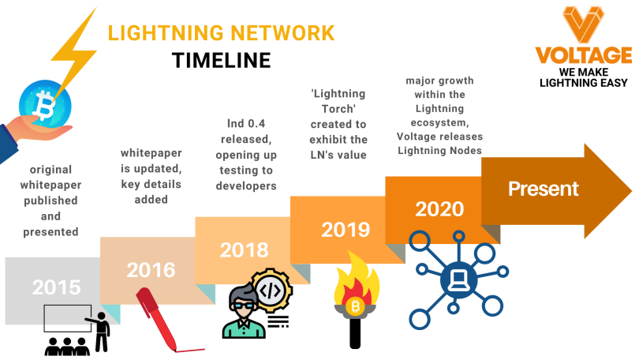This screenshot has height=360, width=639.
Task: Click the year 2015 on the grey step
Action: tap(57, 286)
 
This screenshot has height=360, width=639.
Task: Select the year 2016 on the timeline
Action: tap(151, 269)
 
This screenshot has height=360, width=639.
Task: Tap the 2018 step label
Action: tap(244, 250)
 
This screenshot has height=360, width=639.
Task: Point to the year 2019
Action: tap(346, 230)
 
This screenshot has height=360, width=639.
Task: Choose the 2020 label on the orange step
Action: tap(439, 209)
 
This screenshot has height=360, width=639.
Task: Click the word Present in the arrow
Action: tap(543, 189)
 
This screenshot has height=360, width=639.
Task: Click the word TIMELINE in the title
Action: tap(221, 62)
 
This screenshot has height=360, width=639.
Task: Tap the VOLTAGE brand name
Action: tap(583, 55)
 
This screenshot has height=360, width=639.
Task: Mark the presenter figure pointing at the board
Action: tap(100, 327)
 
